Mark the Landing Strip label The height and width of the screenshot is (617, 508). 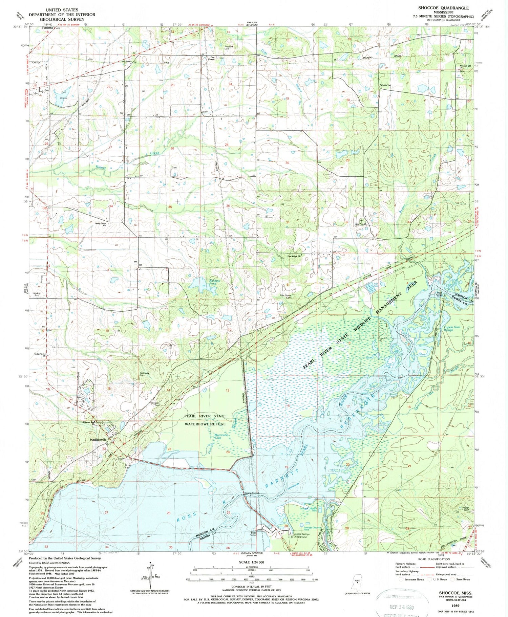click(36, 294)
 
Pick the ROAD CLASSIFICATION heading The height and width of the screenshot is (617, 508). click(435, 559)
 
